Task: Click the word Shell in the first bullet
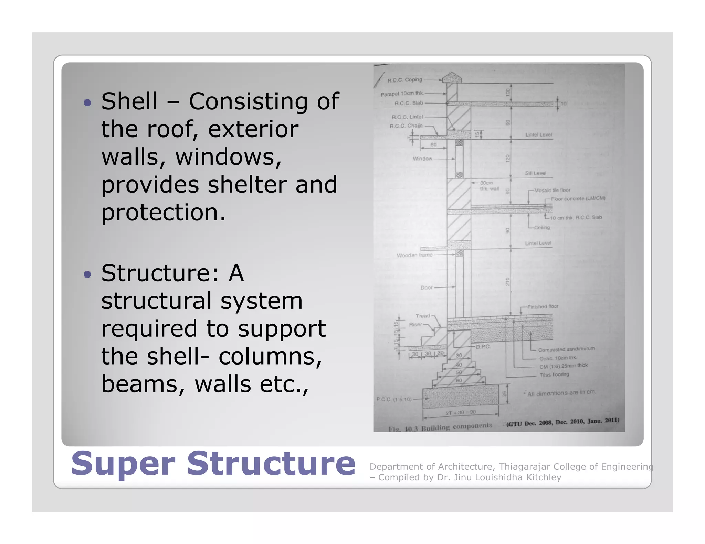pos(129,101)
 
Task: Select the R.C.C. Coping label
pos(404,80)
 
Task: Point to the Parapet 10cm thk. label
pos(402,94)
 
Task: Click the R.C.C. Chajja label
pos(406,126)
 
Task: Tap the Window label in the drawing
pos(422,159)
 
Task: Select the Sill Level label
pos(535,173)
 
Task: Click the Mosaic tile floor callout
pos(552,190)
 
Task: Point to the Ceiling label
pos(542,227)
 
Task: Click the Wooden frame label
pos(414,255)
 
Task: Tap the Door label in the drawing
pos(426,287)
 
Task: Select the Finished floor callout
pos(543,306)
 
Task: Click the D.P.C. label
pos(483,347)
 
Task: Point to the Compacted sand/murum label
pos(566,349)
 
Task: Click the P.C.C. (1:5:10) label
pos(393,399)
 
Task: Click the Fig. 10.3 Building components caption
pos(440,427)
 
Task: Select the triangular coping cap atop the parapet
pos(452,77)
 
